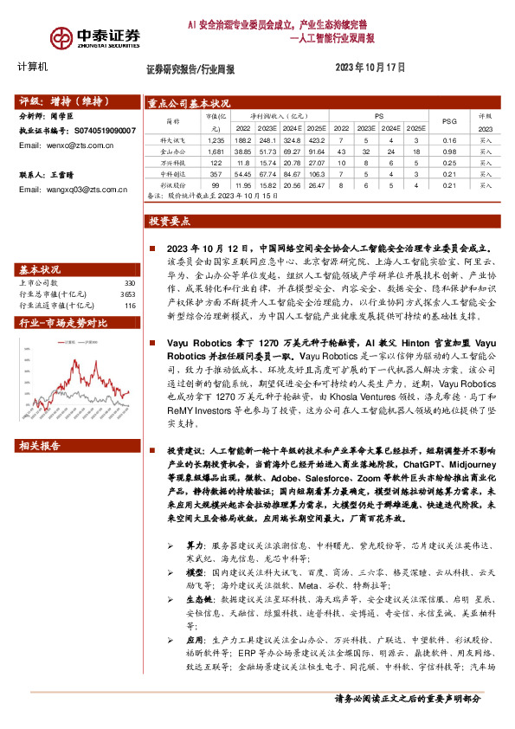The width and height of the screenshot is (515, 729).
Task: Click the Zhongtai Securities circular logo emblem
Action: coord(61,37)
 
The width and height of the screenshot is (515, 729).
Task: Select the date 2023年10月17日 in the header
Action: coord(370,67)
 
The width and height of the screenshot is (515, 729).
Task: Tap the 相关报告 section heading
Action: coord(40,446)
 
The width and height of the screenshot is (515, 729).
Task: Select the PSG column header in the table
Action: coord(449,120)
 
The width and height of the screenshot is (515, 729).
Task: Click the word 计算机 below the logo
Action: coord(33,67)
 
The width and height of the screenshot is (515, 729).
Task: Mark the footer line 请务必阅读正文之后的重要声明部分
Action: coord(420,699)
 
